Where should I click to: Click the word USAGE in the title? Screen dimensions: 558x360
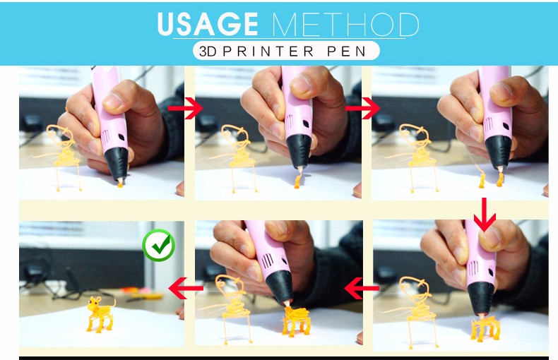click(x=208, y=24)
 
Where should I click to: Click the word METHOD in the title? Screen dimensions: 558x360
click(x=345, y=24)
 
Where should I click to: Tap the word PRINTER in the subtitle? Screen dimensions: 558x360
click(x=268, y=52)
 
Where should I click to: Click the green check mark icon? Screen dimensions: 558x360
click(x=159, y=246)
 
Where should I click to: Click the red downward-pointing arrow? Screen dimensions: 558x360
click(x=485, y=215)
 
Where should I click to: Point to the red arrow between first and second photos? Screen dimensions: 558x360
click(x=185, y=107)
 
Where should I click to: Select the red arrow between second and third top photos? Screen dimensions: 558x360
click(x=362, y=108)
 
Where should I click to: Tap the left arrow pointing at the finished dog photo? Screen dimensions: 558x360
click(x=186, y=288)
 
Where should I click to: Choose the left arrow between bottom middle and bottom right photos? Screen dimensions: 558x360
click(x=362, y=288)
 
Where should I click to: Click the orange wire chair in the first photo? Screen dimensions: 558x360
click(x=64, y=157)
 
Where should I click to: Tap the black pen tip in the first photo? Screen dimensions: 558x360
click(x=117, y=164)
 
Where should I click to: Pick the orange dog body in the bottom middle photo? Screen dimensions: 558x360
click(x=296, y=320)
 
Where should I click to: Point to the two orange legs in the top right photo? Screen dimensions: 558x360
click(x=491, y=180)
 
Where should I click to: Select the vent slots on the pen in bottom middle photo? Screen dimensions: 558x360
click(x=268, y=261)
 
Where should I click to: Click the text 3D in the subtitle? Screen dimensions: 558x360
click(x=208, y=52)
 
